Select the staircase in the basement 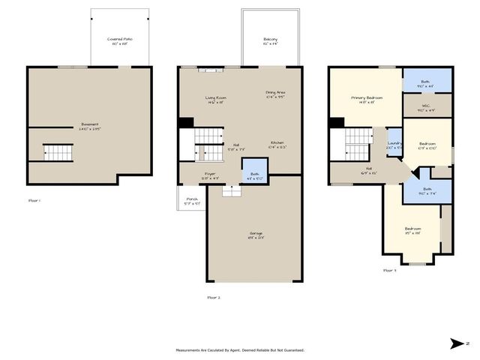point(58,152)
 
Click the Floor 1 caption point(34,201)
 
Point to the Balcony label point(271,40)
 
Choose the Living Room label point(216,99)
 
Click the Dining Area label point(276,94)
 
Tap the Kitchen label point(277,143)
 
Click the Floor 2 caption point(214,298)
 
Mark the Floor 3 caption point(389,270)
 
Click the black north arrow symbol point(457,343)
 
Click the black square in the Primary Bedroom point(337,123)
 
